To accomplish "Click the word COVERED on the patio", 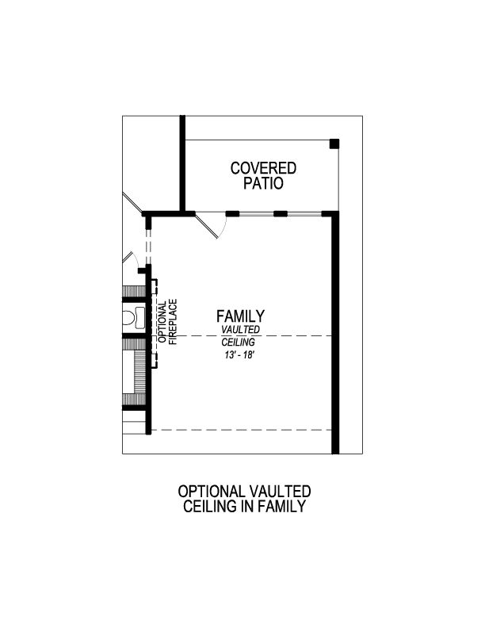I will click(263, 168).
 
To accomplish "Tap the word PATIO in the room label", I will click(263, 183).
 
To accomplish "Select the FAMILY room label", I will click(240, 316).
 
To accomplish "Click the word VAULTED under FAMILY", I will click(240, 329).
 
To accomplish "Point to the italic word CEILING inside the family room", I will click(238, 342).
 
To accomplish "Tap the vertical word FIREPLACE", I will click(174, 320).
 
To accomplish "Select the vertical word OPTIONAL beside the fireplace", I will click(162, 320).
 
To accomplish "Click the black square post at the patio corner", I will click(334, 144).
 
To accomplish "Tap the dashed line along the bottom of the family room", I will click(242, 430).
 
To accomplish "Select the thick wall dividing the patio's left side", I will click(182, 163).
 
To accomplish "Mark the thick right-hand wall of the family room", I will click(334, 333).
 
